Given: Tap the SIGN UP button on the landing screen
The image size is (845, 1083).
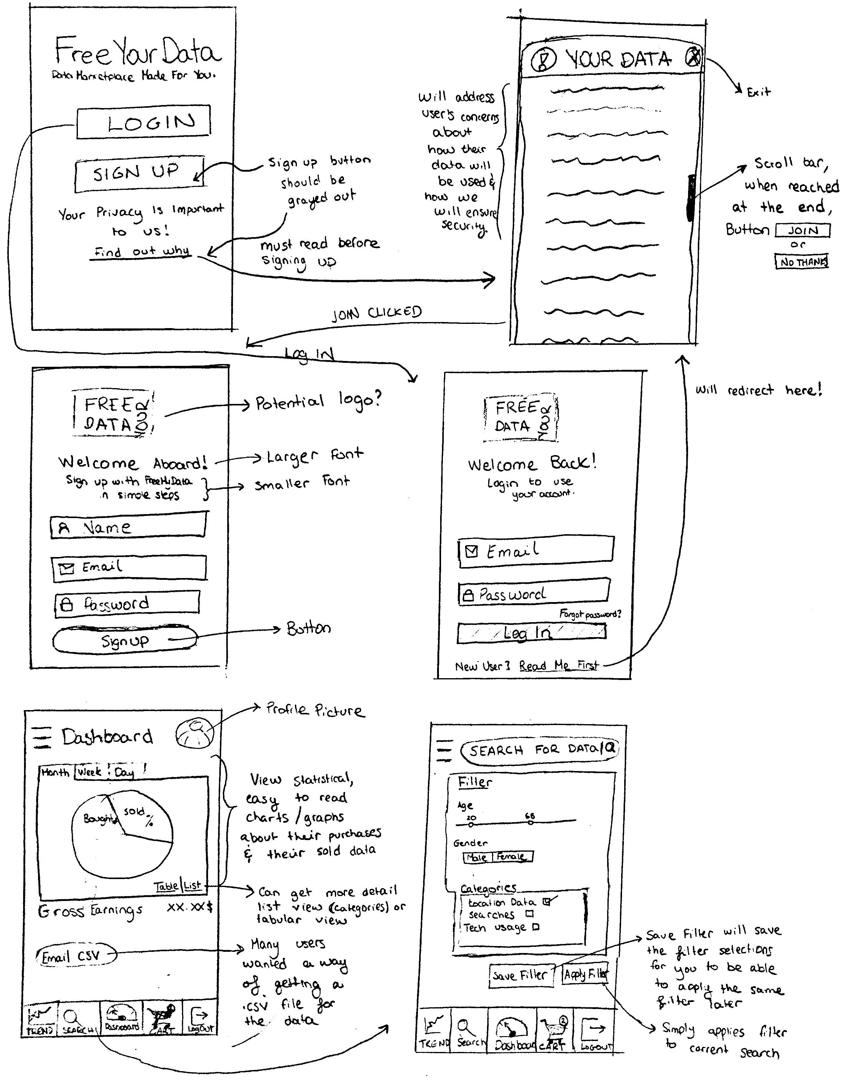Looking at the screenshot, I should tap(140, 172).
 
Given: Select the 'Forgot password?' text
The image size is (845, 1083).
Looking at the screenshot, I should tap(590, 614).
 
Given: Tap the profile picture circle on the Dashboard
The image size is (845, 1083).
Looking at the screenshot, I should tap(194, 733).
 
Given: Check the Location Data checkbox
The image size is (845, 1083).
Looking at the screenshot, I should tap(546, 902).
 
